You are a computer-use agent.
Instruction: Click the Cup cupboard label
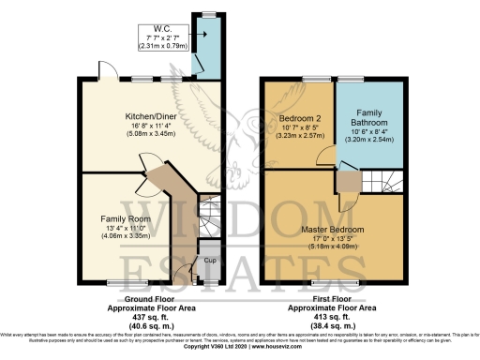pyautogui.click(x=211, y=260)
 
